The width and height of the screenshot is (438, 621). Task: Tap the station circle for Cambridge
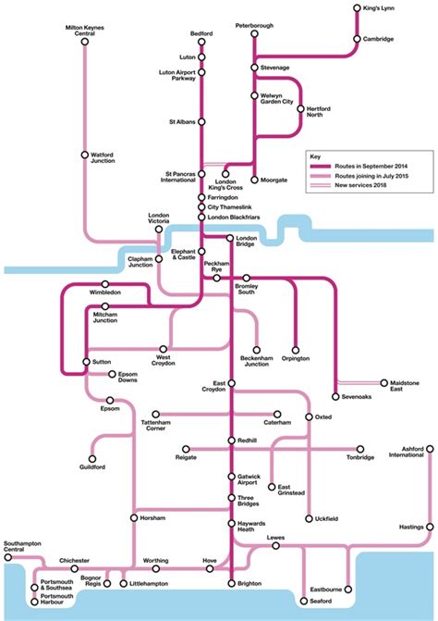click(357, 39)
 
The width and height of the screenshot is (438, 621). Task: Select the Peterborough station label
click(254, 25)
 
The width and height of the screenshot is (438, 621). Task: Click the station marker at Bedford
click(201, 43)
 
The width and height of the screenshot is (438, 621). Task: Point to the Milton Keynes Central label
click(84, 31)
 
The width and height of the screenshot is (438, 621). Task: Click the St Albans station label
click(181, 121)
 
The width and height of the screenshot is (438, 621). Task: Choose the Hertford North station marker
click(300, 108)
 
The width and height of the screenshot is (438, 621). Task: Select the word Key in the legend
click(316, 157)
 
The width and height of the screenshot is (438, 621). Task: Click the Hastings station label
click(410, 527)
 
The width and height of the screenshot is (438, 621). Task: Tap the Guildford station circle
click(93, 458)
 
